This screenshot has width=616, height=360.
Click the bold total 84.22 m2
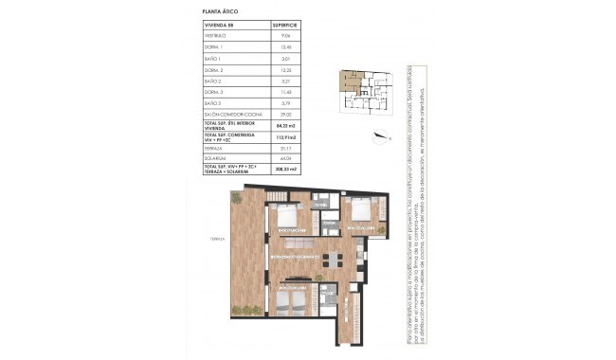pos(285,124)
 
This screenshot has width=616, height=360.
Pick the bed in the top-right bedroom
pos(358,214)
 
